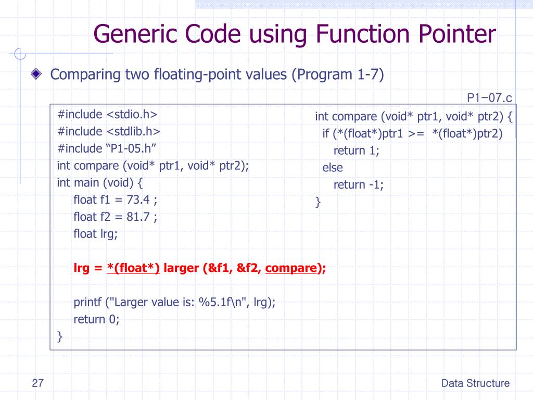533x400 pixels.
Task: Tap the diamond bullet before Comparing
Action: point(35,74)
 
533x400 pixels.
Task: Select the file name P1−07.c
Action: point(489,97)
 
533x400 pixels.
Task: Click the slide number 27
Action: point(37,384)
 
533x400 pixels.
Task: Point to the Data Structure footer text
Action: point(475,384)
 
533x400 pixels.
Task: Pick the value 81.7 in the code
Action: point(139,217)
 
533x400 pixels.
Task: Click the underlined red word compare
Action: point(291,268)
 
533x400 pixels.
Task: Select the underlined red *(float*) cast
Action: point(133,268)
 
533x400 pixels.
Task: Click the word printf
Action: point(88,302)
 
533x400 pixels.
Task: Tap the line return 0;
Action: point(97,319)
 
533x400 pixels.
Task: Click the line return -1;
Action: point(359,184)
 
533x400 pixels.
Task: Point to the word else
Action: point(333,168)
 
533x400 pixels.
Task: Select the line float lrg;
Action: point(96,234)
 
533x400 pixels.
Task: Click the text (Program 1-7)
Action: point(337,74)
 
